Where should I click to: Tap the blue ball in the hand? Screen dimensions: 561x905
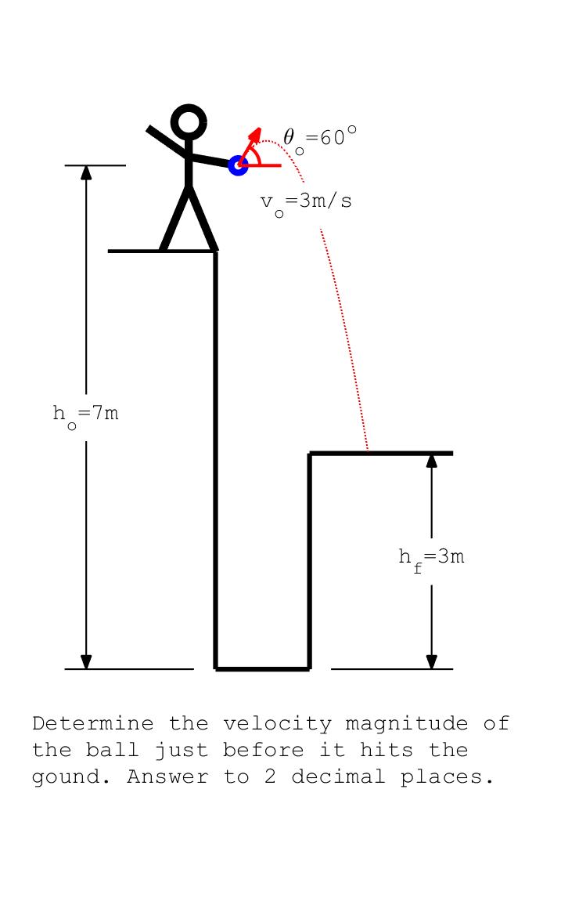pos(238,165)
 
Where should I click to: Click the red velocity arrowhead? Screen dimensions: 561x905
pos(255,134)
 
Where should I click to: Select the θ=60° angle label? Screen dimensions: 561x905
pos(319,139)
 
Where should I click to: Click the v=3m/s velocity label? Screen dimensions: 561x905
pos(306,203)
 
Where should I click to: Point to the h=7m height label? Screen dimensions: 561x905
pos(85,415)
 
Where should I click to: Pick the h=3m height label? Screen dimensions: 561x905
pos(431,559)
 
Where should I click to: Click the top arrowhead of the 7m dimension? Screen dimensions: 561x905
pos(86,172)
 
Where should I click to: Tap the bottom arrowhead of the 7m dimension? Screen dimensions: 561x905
pos(86,662)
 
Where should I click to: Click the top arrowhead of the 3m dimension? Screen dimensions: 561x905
pos(431,460)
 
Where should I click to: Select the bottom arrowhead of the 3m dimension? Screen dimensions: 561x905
pos(431,662)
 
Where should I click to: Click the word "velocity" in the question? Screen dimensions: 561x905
pos(277,723)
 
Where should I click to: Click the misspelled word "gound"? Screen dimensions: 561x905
pos(71,777)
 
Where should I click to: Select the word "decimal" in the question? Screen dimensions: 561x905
pos(339,776)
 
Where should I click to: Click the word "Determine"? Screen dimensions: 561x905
pos(93,723)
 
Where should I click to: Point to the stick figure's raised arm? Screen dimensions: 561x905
pos(167,141)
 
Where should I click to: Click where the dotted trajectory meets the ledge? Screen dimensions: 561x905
pos(368,451)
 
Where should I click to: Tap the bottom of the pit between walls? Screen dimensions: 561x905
pos(262,669)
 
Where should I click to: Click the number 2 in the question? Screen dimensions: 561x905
pos(271,776)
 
